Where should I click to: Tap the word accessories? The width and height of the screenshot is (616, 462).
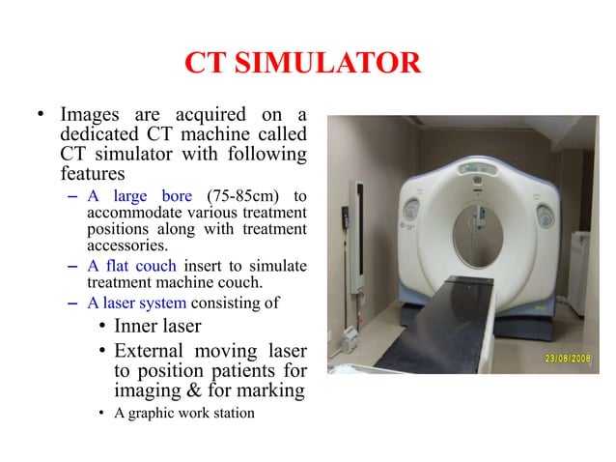pos(123,245)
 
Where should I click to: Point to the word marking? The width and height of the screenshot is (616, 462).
pos(270,390)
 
